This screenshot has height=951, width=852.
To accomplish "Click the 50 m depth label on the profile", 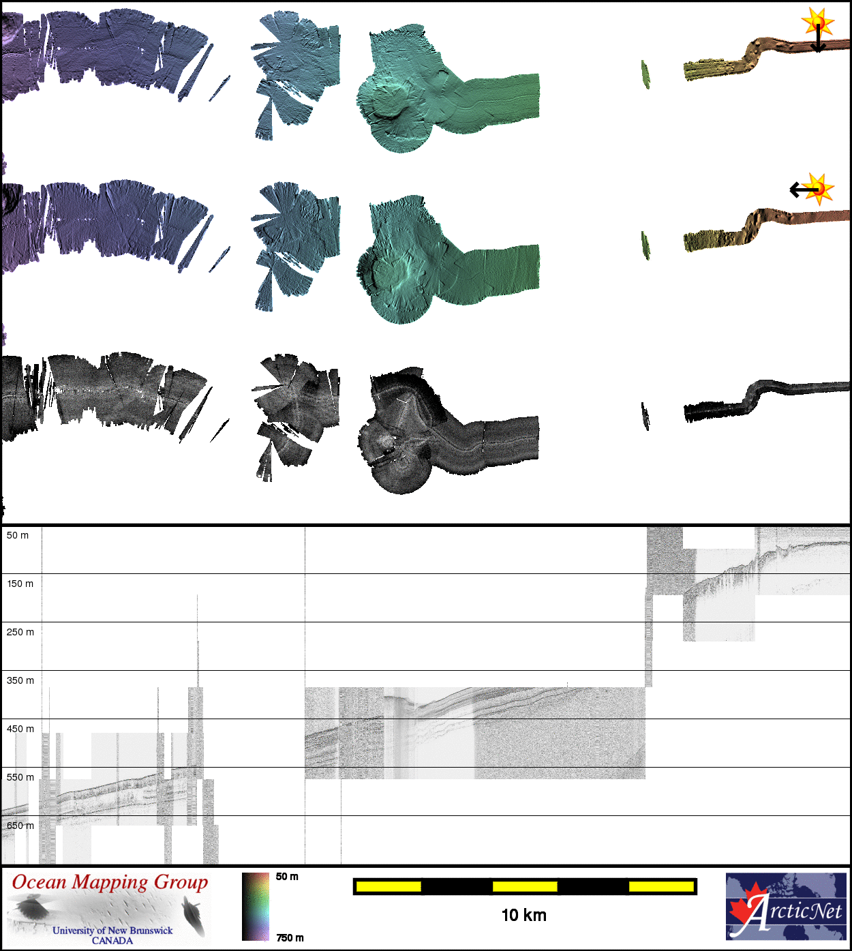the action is (17, 536).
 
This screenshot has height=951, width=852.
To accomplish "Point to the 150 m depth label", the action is (20, 584).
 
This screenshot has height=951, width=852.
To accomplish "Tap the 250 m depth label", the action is (20, 632).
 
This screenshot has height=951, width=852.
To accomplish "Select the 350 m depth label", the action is (20, 680).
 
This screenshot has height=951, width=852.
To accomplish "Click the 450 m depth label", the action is (20, 729).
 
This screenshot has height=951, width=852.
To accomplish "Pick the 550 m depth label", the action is (20, 777).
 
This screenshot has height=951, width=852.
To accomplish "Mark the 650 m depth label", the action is (20, 826).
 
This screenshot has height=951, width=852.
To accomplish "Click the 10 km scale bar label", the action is (524, 915).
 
